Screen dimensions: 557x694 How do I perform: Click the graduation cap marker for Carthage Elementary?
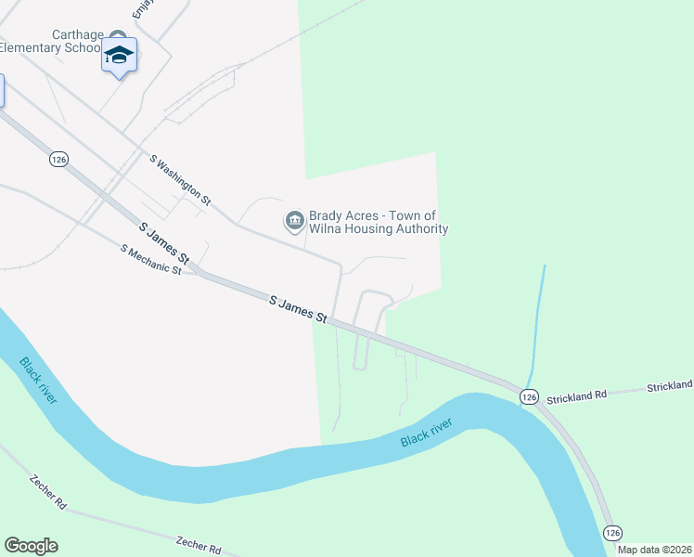(x=119, y=56)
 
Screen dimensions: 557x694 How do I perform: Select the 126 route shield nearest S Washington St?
(x=59, y=160)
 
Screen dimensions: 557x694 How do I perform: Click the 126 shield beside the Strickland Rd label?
(x=529, y=396)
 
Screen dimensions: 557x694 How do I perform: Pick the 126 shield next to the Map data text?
(x=611, y=532)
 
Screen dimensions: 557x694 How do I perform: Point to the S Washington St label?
(x=181, y=179)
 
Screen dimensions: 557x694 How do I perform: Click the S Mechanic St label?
(x=150, y=259)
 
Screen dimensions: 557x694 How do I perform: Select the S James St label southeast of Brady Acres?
(x=299, y=310)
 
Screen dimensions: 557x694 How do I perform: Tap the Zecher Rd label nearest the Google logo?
(x=47, y=492)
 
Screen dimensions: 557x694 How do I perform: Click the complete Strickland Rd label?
(x=575, y=395)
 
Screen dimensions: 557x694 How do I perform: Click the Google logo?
(x=32, y=546)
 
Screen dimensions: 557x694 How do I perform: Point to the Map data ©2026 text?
(x=655, y=550)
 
